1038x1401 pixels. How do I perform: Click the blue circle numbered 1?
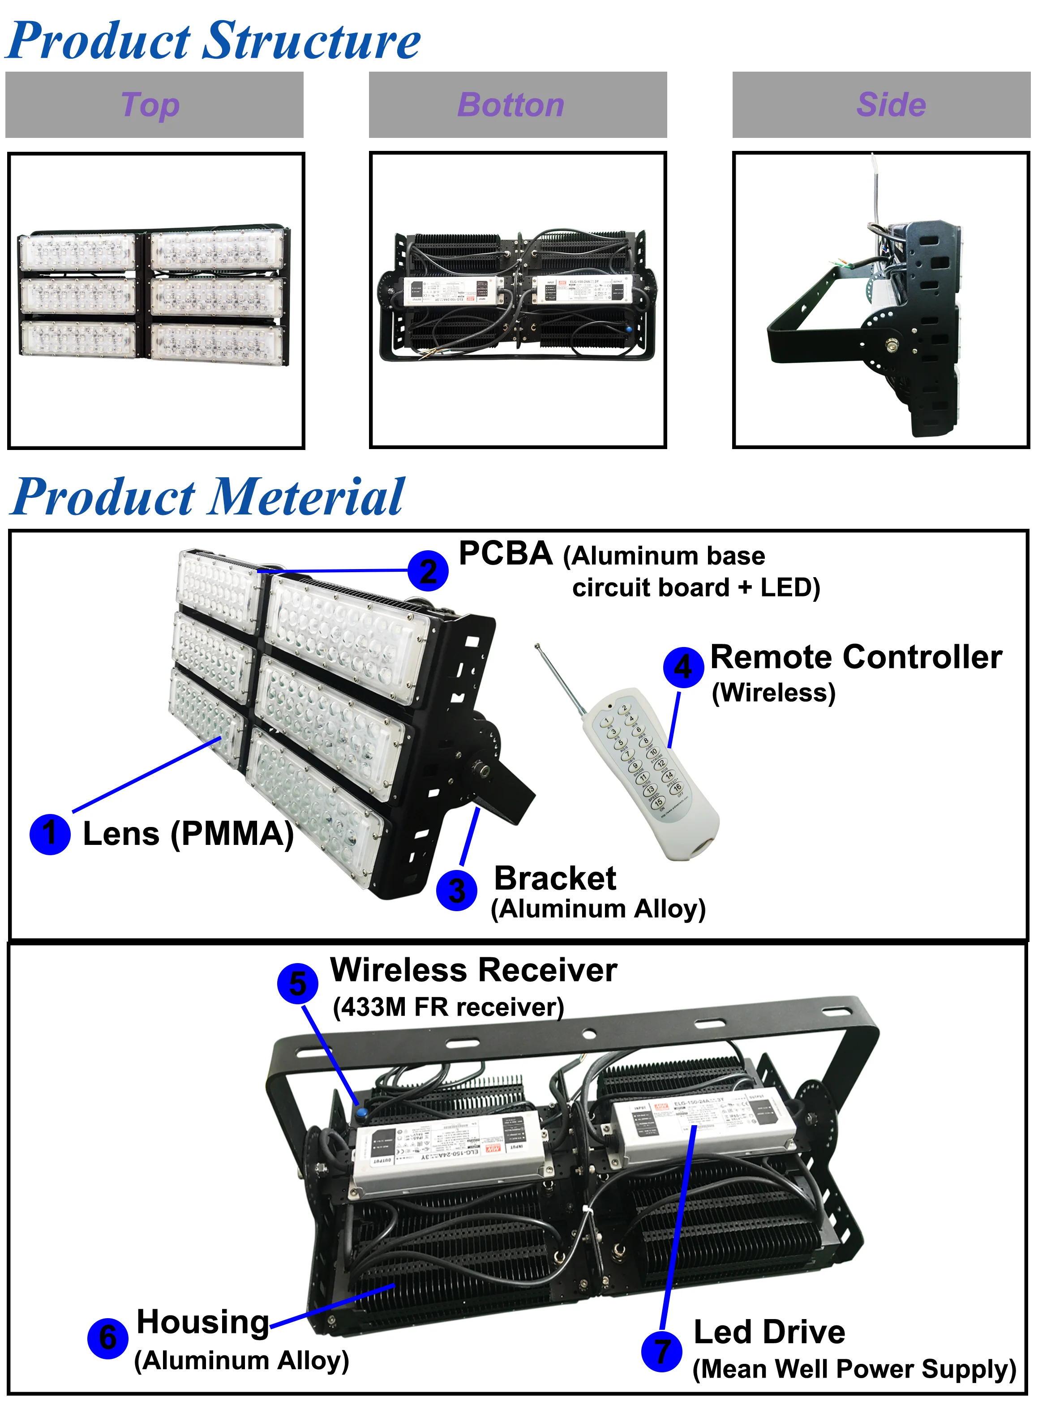pyautogui.click(x=50, y=834)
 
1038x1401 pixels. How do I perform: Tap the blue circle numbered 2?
pyautogui.click(x=428, y=570)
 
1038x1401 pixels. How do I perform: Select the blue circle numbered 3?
pyautogui.click(x=457, y=890)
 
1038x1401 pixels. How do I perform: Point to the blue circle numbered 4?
pyautogui.click(x=683, y=667)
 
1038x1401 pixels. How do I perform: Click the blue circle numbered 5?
pyautogui.click(x=298, y=983)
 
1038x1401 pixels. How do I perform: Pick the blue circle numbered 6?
pyautogui.click(x=108, y=1338)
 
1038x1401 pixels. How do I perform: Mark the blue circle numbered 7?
pyautogui.click(x=662, y=1351)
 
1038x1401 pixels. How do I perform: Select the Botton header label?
pyautogui.click(x=511, y=105)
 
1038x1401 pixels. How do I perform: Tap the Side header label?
pyautogui.click(x=891, y=105)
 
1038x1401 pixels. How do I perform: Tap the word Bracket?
pyautogui.click(x=555, y=878)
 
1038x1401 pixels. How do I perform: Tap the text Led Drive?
pyautogui.click(x=769, y=1332)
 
